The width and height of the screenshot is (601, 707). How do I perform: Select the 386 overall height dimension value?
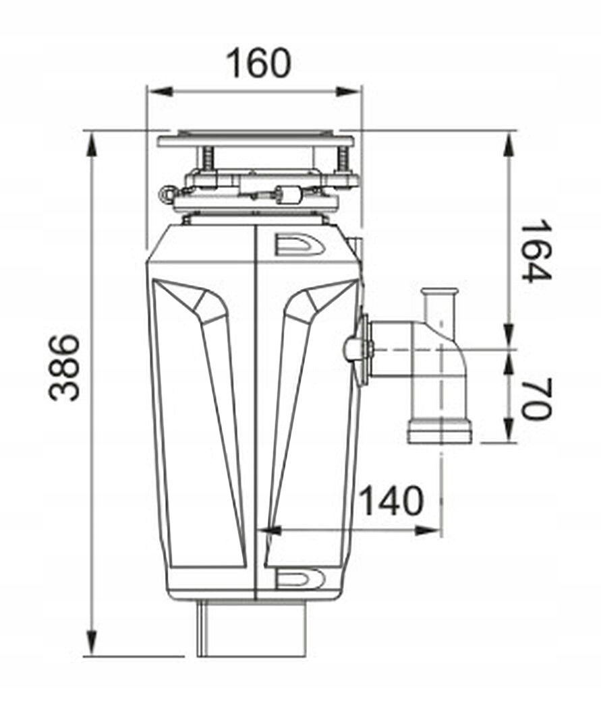65,367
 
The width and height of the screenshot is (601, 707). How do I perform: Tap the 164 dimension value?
536,251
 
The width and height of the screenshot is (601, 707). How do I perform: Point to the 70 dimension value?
536,398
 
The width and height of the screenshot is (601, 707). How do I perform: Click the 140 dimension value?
392,500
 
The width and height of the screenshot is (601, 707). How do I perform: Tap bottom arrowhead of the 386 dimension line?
92,642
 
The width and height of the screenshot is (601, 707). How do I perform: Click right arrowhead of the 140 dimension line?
427,530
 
